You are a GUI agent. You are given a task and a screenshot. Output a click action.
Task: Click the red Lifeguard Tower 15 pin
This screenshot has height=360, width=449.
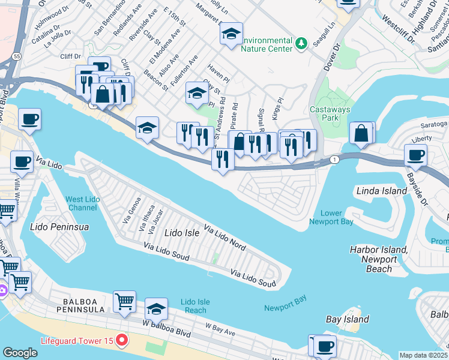122,341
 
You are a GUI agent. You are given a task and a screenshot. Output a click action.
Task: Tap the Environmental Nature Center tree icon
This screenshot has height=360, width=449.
301,43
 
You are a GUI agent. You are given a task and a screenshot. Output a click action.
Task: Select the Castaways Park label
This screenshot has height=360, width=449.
325,113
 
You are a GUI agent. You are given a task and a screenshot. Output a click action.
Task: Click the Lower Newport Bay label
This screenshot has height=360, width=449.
331,217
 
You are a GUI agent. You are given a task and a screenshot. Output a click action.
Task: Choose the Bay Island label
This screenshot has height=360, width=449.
347,319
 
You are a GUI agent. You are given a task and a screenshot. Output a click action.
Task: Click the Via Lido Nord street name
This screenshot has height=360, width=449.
225,238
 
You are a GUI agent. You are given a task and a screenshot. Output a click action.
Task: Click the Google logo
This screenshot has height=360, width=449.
20,353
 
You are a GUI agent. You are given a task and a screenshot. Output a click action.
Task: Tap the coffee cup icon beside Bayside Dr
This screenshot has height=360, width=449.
415,155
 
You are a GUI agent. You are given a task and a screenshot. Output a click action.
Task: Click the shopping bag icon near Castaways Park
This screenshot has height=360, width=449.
361,134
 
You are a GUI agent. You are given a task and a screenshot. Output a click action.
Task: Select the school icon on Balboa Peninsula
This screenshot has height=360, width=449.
156,309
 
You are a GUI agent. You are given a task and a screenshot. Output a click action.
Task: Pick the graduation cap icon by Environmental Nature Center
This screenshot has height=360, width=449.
230,35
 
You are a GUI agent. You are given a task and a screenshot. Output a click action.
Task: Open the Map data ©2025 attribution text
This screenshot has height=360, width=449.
423,355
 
